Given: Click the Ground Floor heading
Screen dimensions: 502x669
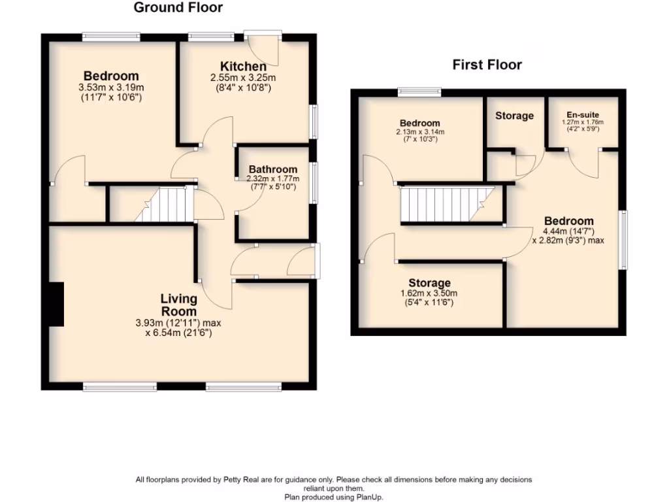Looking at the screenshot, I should pos(178,8).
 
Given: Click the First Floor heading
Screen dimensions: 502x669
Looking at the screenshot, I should pos(487,65).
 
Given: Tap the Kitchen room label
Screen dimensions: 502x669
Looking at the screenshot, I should pos(243,67).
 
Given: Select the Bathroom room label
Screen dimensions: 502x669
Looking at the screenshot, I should pos(272,169).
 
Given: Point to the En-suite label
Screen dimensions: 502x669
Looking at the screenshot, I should pos(583,114).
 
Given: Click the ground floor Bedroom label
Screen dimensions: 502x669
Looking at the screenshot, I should pos(111,76).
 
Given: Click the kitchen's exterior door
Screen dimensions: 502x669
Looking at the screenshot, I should pos(265,48).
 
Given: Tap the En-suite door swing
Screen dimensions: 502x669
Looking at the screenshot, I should pos(583,163).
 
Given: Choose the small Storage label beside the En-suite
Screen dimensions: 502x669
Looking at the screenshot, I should pos(514,116).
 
